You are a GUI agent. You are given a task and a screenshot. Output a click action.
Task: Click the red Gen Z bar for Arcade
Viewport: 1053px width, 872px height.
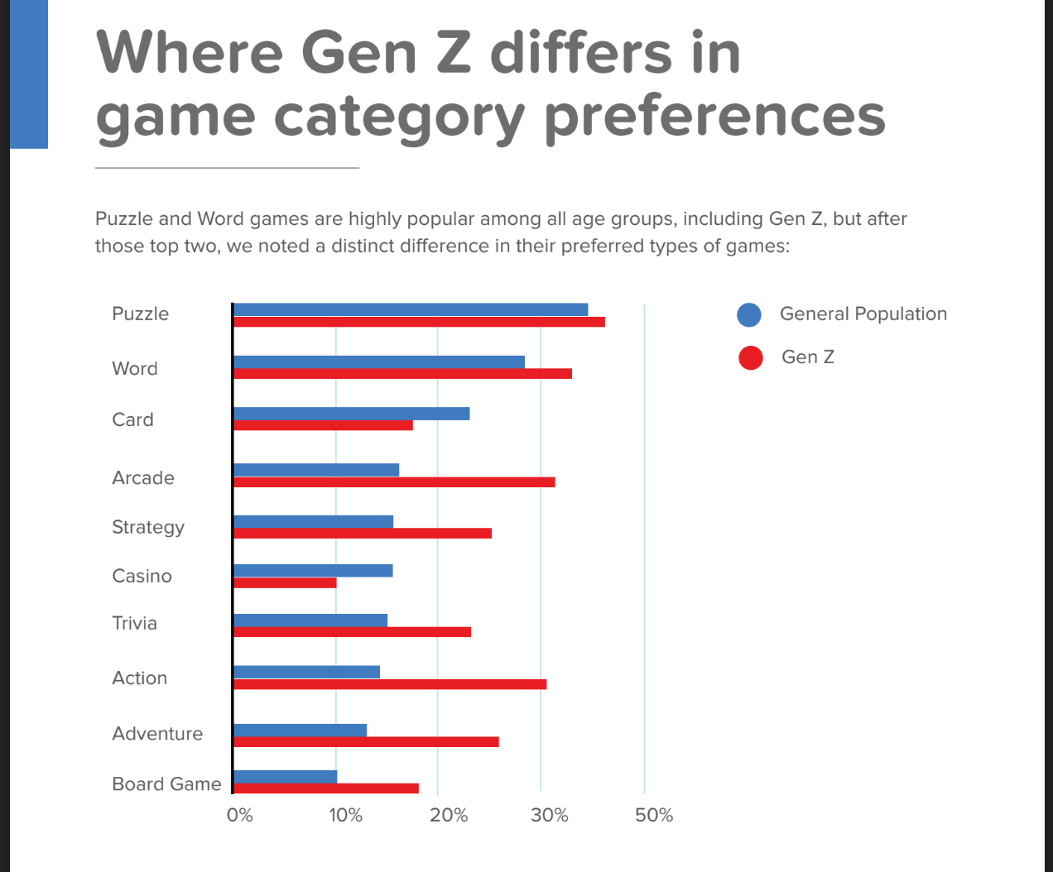pos(394,482)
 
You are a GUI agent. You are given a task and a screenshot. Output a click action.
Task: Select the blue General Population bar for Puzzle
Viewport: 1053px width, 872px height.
pos(411,309)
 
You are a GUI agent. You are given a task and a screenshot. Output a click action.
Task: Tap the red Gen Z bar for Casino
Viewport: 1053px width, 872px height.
pos(285,582)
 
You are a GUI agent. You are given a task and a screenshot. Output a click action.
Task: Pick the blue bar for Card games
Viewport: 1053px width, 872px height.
pos(352,414)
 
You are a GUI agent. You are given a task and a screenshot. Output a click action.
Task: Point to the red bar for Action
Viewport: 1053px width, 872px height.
pos(390,684)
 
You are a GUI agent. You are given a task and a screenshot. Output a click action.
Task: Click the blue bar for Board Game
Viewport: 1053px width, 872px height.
pos(286,777)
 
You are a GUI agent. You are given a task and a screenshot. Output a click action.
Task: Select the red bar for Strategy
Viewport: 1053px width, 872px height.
pos(363,533)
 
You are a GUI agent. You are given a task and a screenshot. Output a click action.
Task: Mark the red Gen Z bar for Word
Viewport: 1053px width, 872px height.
pos(402,374)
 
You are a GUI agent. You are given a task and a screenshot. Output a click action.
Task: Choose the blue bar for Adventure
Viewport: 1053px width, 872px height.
pos(301,730)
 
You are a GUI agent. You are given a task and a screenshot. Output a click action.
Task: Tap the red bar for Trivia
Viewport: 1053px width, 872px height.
pos(353,632)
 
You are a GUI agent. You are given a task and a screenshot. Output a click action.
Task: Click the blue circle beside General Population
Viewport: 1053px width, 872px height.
pos(749,314)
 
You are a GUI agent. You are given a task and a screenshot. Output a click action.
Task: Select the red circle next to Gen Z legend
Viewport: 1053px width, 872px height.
pos(751,357)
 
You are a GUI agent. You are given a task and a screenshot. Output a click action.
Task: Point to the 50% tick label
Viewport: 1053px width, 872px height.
pos(654,816)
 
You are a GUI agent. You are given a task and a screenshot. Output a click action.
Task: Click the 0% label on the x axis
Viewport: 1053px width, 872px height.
pos(240,816)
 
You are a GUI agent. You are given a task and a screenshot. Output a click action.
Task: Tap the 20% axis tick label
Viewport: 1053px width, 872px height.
pos(449,816)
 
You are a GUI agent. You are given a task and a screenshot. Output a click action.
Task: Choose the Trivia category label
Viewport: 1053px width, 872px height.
pos(134,623)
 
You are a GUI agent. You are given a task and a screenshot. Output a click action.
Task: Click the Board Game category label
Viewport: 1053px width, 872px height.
pos(166,783)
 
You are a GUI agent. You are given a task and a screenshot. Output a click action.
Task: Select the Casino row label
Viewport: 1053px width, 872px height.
pos(142,576)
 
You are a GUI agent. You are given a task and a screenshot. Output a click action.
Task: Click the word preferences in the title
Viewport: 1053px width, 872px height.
pos(714,117)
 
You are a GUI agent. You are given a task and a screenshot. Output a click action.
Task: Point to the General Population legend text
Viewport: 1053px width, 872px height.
pos(863,314)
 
